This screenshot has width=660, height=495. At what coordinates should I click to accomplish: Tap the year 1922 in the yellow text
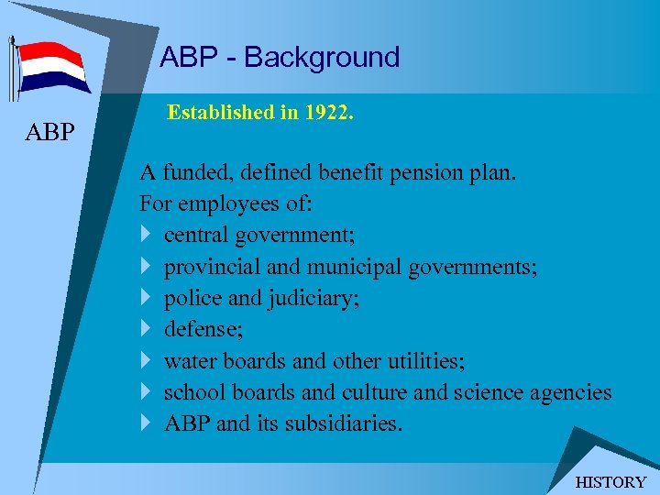tap(329, 114)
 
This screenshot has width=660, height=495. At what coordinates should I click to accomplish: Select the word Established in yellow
tap(214, 114)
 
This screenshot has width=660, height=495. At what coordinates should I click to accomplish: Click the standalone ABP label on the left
tap(50, 133)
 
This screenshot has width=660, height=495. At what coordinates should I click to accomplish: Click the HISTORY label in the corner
tap(610, 482)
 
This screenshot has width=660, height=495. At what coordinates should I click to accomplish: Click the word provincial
tap(207, 268)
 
